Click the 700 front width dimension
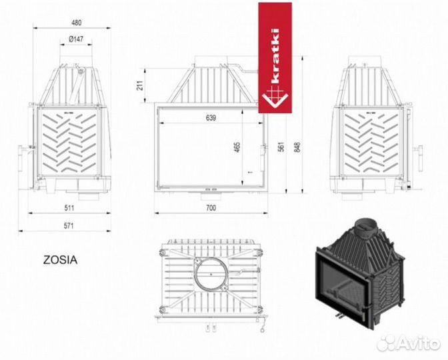(211, 208)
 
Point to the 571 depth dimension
(69, 225)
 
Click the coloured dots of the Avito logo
(385, 342)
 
